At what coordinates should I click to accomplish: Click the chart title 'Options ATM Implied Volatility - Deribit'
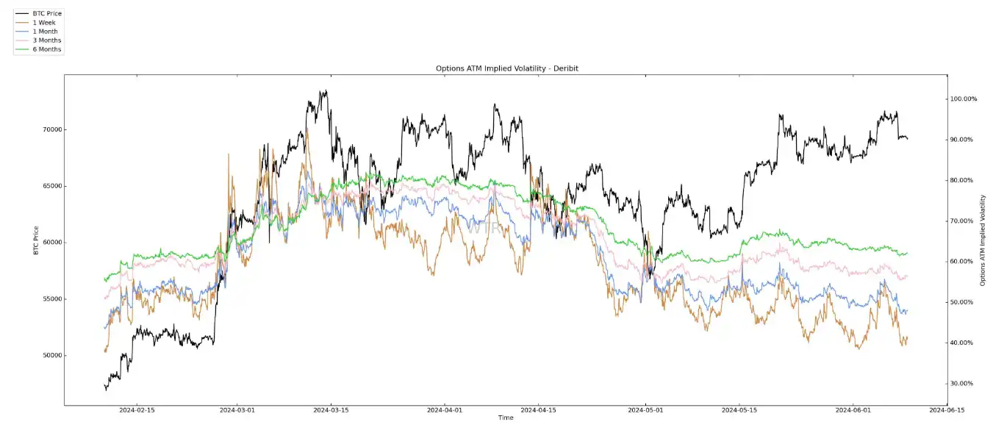(x=506, y=68)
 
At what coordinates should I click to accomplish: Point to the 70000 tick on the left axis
(x=51, y=130)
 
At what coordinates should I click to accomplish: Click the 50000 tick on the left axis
(x=51, y=356)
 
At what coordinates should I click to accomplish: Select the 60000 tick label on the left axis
(x=51, y=243)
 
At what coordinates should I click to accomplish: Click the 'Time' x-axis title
(x=506, y=418)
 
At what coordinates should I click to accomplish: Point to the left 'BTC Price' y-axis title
(x=36, y=240)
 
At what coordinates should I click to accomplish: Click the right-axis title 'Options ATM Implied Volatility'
(x=983, y=240)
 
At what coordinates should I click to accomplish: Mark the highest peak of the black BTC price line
(x=324, y=91)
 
